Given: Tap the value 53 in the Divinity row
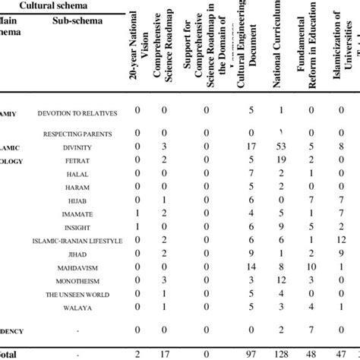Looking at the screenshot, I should pyautogui.click(x=279, y=146).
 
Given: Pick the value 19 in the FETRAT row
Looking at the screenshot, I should pyautogui.click(x=279, y=159).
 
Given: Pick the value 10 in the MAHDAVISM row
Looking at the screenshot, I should pyautogui.click(x=310, y=267).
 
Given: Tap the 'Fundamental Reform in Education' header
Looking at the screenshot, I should pyautogui.click(x=309, y=45).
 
